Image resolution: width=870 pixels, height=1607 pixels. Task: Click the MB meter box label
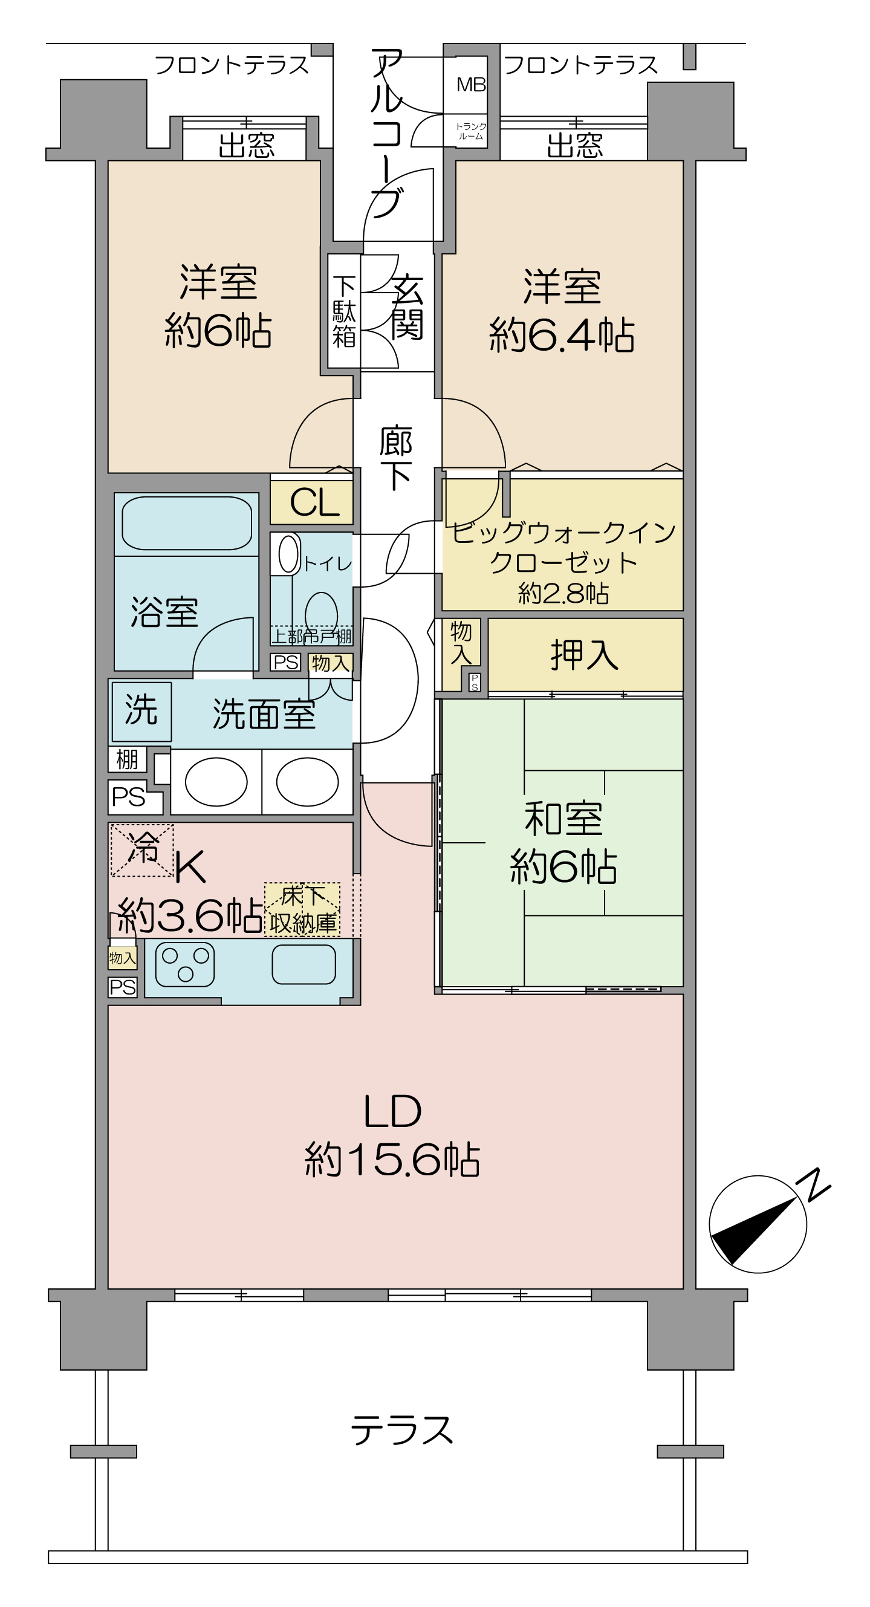pos(471,85)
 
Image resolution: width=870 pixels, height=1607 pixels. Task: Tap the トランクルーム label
pos(471,132)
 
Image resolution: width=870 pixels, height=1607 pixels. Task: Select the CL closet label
pos(314,503)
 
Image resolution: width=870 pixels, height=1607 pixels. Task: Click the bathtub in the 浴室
pos(187,524)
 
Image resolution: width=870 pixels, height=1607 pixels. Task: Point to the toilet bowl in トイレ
pos(321,612)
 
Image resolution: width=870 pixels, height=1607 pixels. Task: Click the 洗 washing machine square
pos(141,712)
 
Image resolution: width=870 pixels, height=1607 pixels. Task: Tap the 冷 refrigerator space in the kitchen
pos(142,849)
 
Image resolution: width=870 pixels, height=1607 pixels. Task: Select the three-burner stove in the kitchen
pos(185,964)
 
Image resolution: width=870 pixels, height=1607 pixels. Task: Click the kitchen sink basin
pos(304,964)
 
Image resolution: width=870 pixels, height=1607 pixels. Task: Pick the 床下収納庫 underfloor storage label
pos(302,910)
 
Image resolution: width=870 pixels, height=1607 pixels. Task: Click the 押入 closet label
pos(585,655)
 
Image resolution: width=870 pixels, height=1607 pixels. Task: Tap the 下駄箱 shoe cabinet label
pos(344,311)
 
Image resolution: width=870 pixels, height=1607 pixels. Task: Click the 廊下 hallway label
pos(395,458)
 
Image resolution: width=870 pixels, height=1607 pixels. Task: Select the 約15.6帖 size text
pos(392,1161)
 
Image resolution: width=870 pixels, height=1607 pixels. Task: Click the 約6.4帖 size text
pos(562,336)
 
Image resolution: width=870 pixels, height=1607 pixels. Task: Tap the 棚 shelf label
pos(127,760)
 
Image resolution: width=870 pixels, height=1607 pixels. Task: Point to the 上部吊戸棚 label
pos(312,636)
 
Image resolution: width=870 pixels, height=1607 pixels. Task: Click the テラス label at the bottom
pos(402,1430)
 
